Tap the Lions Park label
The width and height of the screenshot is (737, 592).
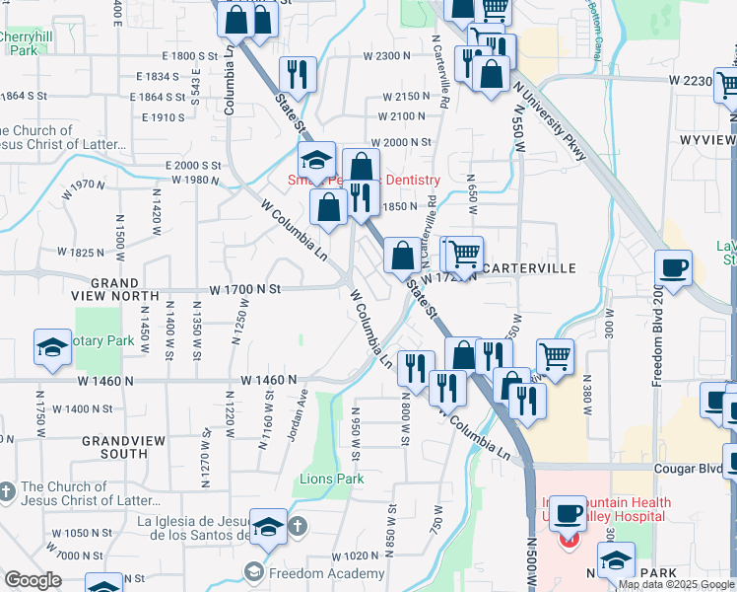click(x=332, y=480)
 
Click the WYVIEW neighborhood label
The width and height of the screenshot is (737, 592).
click(x=707, y=140)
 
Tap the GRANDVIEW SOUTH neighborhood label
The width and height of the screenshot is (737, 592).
click(x=128, y=446)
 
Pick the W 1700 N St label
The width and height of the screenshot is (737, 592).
click(x=245, y=289)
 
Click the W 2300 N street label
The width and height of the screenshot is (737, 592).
click(x=386, y=56)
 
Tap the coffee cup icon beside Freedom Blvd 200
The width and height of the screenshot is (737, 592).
click(x=674, y=269)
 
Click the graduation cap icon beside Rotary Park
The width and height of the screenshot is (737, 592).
click(x=53, y=348)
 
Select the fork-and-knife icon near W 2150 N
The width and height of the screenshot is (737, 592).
click(x=297, y=75)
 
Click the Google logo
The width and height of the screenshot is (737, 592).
click(x=32, y=580)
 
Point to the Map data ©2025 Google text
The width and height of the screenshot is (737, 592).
click(x=675, y=584)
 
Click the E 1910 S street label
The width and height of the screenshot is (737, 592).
click(x=163, y=117)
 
